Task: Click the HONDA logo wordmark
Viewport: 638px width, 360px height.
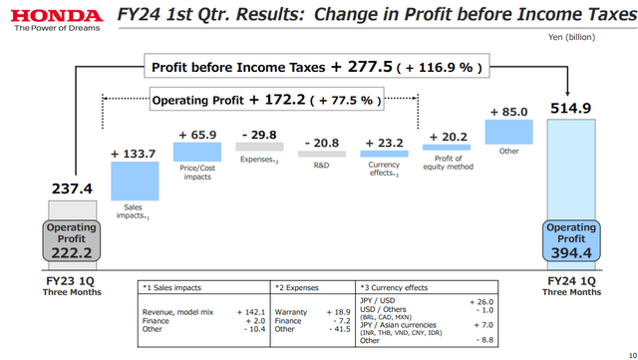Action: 50,16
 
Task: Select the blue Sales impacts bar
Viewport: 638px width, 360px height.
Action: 135,180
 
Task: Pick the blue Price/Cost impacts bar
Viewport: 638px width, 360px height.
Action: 197,151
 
